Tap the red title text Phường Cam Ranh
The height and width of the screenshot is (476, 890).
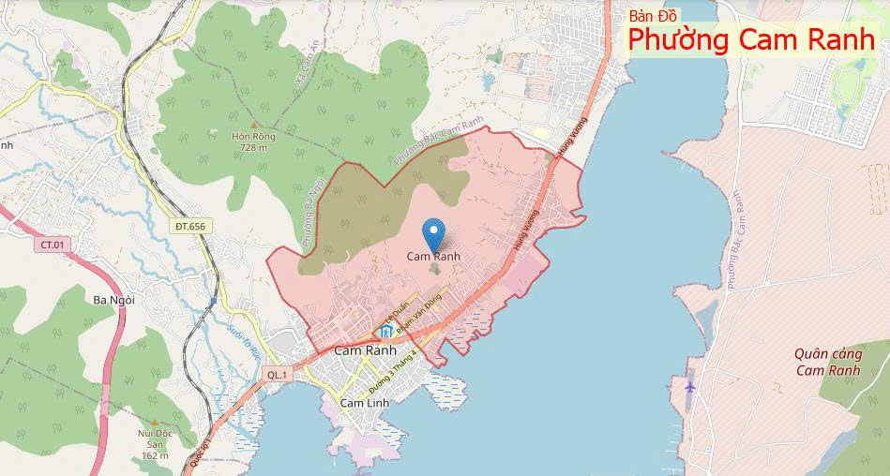click(751, 40)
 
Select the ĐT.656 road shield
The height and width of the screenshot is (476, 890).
click(189, 226)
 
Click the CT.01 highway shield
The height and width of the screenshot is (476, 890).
click(52, 245)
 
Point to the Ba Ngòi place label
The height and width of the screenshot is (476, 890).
click(114, 300)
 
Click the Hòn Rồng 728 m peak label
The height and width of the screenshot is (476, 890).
click(253, 141)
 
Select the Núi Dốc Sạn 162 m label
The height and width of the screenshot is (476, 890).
click(155, 444)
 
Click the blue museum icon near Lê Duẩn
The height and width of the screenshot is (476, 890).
click(386, 332)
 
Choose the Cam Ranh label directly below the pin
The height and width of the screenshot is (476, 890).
click(433, 256)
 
